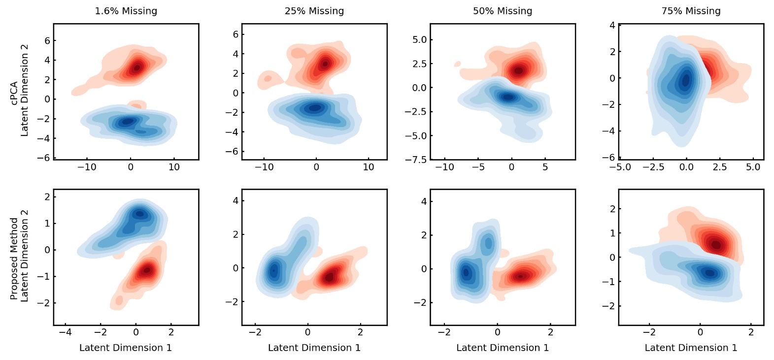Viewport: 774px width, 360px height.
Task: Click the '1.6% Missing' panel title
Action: (126, 11)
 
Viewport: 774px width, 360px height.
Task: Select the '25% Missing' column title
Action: (314, 11)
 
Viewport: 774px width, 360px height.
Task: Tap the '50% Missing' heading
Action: (503, 11)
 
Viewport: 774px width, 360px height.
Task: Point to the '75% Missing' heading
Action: (691, 11)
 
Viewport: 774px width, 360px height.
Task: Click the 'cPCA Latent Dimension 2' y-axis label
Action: (20, 91)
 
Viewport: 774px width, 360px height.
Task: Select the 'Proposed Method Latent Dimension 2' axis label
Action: (20, 256)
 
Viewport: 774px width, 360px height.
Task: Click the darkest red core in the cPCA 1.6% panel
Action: (137, 67)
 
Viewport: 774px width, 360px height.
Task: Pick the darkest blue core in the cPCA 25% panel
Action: (315, 107)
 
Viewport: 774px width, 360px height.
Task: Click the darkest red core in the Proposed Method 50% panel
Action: (520, 276)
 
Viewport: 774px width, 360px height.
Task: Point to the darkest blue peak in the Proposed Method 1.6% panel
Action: (140, 214)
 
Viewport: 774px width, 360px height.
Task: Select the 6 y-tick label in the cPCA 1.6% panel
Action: (47, 40)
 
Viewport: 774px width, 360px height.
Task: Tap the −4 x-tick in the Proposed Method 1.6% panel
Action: (65, 332)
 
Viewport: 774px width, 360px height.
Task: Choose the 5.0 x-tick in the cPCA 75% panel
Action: (753, 167)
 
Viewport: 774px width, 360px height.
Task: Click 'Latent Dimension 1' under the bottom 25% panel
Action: (314, 348)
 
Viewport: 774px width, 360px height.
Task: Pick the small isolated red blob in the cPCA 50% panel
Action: (458, 64)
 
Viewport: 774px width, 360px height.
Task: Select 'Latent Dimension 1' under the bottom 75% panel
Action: (691, 348)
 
